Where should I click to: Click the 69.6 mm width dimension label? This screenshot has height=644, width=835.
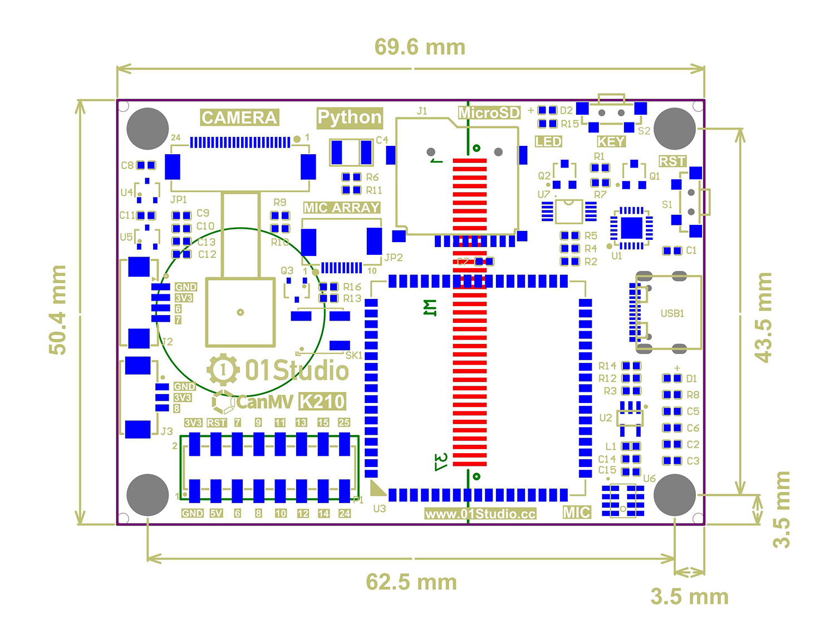click(x=420, y=47)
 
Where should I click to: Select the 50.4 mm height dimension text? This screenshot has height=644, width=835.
click(x=58, y=310)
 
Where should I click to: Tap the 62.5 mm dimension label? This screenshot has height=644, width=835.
click(x=411, y=582)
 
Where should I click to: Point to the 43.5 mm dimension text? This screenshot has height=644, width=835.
click(x=763, y=317)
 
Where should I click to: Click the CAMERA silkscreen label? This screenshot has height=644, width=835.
click(x=239, y=117)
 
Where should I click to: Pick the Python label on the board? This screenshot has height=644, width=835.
click(x=350, y=117)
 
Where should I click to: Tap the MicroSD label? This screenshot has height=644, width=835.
click(x=489, y=113)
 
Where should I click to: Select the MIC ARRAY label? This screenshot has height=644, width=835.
click(x=342, y=208)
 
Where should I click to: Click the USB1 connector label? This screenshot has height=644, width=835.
click(x=672, y=313)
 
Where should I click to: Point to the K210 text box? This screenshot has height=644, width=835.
click(x=322, y=401)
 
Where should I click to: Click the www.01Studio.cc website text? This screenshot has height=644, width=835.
click(x=480, y=514)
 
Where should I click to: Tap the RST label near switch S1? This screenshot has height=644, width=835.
click(x=672, y=161)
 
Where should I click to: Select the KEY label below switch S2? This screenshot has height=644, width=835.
click(x=611, y=141)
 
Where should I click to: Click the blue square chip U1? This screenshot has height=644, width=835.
click(x=631, y=228)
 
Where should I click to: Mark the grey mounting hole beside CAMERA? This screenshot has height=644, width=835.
click(x=148, y=129)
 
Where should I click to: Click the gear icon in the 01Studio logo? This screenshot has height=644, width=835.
click(x=223, y=370)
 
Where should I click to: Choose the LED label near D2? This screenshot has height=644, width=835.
click(x=548, y=141)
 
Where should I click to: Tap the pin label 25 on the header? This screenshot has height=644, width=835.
click(x=344, y=422)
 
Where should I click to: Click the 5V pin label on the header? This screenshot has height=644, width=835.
click(x=216, y=513)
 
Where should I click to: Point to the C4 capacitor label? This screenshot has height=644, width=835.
click(x=382, y=140)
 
